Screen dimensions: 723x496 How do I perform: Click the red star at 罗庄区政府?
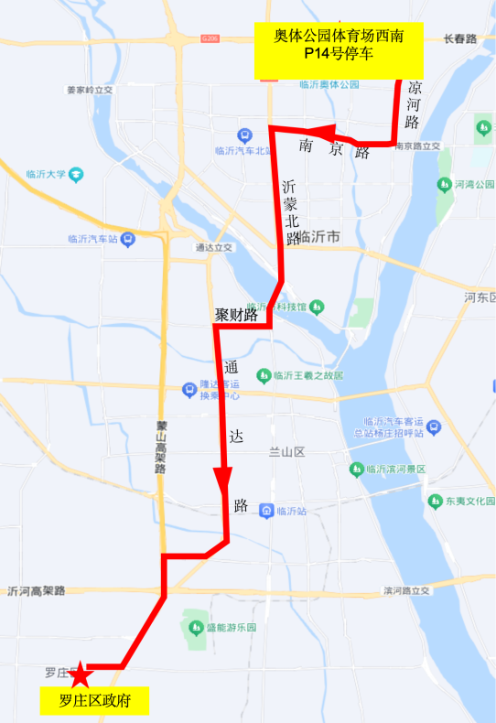[x=81, y=675]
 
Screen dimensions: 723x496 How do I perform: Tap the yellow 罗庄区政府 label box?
[x=96, y=702]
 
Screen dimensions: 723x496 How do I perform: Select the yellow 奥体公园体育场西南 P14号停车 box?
[x=339, y=49]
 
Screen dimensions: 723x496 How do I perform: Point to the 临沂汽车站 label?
[x=94, y=240]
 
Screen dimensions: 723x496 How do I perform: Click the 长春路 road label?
[x=459, y=39]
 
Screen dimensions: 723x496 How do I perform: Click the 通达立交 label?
[x=214, y=247]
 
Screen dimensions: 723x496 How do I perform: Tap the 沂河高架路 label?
[x=37, y=591]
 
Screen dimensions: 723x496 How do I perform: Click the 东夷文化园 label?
[x=470, y=502]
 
